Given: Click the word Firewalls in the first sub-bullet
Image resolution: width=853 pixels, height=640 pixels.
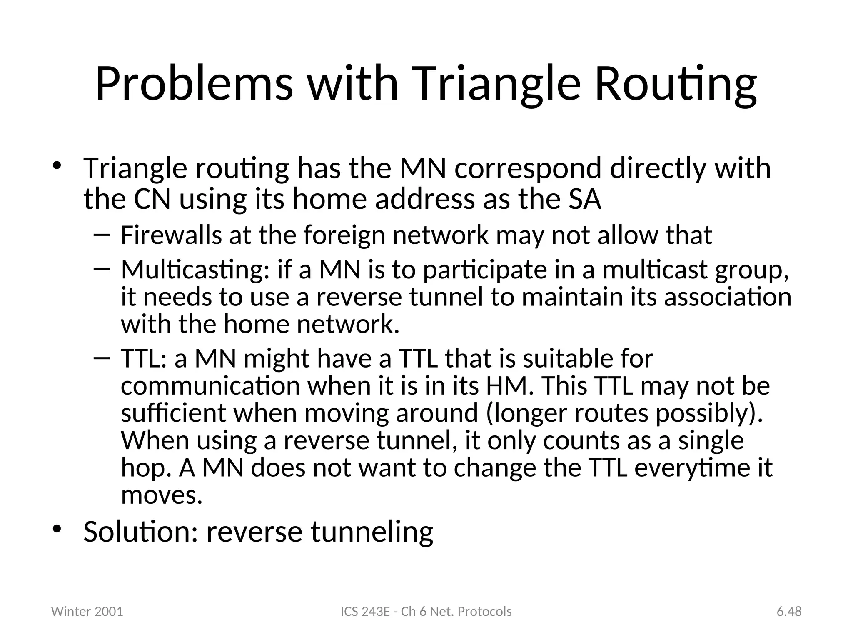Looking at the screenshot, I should point(171,235).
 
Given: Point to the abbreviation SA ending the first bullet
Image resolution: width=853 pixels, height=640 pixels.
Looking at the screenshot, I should point(585,199).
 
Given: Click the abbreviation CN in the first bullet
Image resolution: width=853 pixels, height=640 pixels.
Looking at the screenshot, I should point(152,199).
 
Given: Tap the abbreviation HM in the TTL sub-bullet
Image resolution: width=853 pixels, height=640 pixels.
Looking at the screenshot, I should point(509,386).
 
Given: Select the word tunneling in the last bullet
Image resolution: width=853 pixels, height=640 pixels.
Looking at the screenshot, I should point(372,532).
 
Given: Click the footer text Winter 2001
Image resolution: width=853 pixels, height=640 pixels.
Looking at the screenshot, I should point(87,612).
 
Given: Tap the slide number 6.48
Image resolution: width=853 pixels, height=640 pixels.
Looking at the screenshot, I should point(789,612).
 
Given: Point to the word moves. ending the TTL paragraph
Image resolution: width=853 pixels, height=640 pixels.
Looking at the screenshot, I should point(162,495).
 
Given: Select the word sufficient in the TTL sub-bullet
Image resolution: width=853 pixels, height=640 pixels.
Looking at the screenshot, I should point(173,413).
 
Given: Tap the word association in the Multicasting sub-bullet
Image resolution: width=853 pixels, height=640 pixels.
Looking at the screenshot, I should point(727,297).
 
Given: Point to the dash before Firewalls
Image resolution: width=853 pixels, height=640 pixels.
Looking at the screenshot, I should point(102,235).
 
